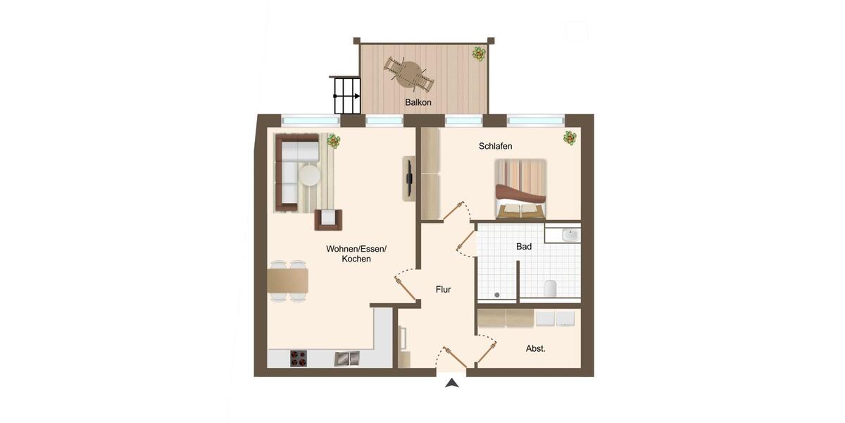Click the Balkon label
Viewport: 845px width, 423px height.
click(418, 102)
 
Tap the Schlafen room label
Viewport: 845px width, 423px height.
click(495, 146)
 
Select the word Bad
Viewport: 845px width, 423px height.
click(523, 247)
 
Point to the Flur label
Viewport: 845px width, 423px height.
click(443, 289)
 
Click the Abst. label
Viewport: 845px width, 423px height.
click(536, 348)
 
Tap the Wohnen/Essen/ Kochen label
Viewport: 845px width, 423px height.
click(356, 254)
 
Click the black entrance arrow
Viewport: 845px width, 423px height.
click(452, 383)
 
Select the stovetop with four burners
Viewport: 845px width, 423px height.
click(299, 358)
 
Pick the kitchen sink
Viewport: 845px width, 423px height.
click(346, 358)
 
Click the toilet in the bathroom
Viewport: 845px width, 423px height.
click(551, 287)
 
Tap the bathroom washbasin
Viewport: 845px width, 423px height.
click(570, 235)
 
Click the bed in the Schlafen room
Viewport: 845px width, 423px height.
click(520, 188)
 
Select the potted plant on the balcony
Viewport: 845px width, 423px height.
click(479, 54)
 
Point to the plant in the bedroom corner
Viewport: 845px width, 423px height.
click(570, 139)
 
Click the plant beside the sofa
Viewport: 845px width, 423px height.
click(333, 142)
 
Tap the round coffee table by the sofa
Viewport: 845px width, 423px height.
click(310, 173)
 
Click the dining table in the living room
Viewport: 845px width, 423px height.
click(287, 281)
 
